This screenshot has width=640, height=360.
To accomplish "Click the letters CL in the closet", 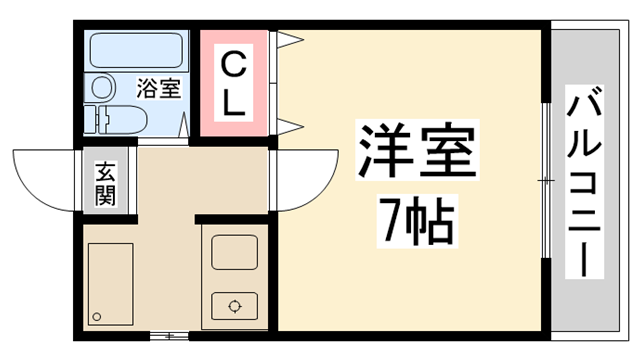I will pos(232,85).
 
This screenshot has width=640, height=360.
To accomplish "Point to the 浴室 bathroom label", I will pos(159,88).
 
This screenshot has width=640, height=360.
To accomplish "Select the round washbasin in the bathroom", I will pos(101,88).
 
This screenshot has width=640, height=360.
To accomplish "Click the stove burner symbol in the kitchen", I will pos(235,306).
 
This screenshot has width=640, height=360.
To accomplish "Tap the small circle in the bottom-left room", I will pos(97,317).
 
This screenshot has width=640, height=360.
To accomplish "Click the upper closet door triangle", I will pos(288,41).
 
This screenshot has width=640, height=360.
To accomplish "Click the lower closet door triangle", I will pos(288,125).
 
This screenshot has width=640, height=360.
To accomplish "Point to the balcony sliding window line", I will pos(545,180).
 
